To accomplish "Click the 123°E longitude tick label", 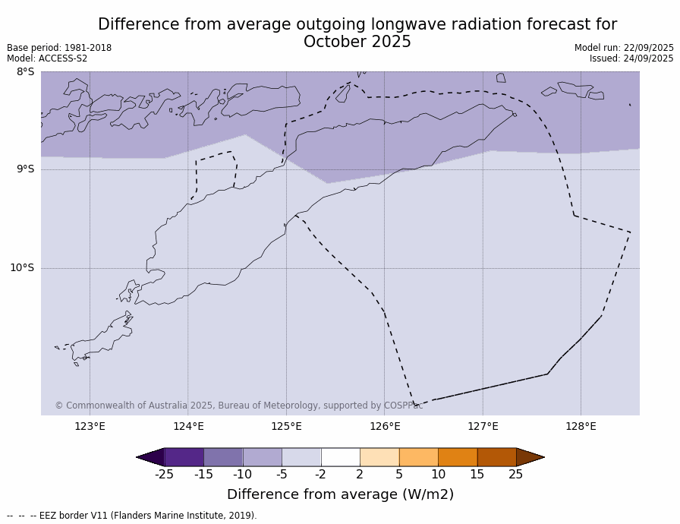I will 90,426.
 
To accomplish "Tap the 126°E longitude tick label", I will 385,426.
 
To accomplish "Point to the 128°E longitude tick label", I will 581,426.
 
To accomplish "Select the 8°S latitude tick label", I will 25,72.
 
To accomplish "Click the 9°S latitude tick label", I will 25,169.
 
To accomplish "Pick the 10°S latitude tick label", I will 22,267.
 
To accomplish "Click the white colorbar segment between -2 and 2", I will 340,457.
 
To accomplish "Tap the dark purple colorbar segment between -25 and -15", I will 184,457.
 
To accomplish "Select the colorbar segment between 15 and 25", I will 496,457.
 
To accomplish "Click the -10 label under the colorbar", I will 242,475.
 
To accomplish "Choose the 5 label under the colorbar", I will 399,475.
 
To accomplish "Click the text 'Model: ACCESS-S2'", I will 47,58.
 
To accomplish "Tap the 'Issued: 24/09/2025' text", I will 631,58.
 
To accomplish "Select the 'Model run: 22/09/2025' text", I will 624,48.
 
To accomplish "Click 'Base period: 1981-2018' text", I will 59,48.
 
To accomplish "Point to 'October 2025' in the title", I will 357,43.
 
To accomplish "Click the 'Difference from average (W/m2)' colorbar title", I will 340,494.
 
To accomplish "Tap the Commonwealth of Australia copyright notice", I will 238,406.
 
